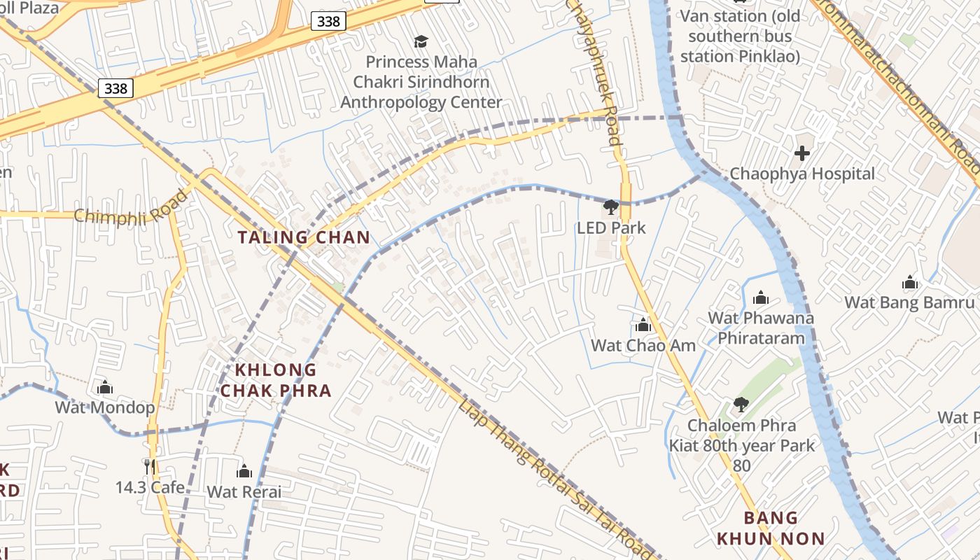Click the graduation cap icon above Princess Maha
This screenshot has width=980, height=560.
(421, 41)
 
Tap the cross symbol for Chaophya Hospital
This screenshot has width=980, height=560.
(802, 153)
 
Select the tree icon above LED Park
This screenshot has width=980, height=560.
(611, 206)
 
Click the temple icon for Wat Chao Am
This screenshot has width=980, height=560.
(643, 325)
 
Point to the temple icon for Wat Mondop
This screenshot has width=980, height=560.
(105, 387)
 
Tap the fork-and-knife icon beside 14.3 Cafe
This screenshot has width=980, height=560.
(149, 466)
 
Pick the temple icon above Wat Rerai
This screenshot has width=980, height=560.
(244, 471)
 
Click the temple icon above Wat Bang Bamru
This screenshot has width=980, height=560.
(910, 283)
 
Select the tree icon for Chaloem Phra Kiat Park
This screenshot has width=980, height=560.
(741, 405)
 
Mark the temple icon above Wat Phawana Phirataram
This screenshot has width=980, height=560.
(761, 298)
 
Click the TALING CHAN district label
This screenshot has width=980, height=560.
(304, 237)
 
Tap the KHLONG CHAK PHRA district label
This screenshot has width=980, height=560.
(276, 380)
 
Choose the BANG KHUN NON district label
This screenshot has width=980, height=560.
(771, 528)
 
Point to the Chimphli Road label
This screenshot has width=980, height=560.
(132, 206)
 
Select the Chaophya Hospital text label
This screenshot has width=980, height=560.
(802, 174)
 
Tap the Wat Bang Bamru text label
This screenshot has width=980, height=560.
(909, 302)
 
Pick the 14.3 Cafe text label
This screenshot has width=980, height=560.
(150, 487)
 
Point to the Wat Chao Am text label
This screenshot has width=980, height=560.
(643, 345)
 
